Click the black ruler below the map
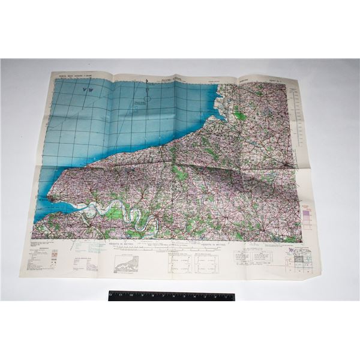point(171,296)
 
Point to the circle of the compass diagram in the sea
point(148,91)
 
